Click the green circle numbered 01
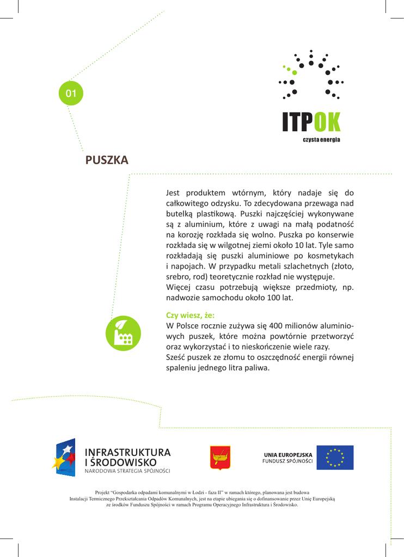click(71, 94)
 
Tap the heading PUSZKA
click(107, 160)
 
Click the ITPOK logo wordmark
click(311, 122)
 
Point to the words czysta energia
click(321, 140)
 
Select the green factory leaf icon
click(124, 333)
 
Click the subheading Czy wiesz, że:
click(190, 315)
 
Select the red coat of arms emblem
click(220, 457)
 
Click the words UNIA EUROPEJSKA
click(288, 454)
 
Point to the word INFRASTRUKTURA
click(127, 453)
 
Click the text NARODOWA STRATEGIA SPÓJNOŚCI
click(127, 471)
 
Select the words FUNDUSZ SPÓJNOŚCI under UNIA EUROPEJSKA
click(287, 461)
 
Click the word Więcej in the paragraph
click(179, 287)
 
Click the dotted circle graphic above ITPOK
click(311, 76)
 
